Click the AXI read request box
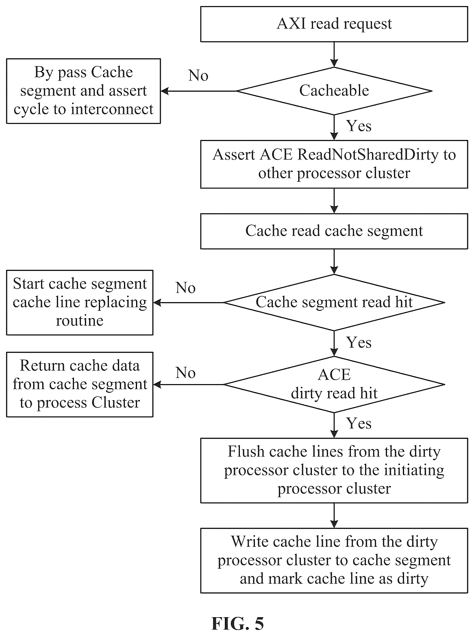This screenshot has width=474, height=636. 334,24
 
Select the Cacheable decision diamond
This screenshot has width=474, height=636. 334,91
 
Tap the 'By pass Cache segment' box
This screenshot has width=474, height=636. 84,91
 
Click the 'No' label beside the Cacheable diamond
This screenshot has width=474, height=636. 198,76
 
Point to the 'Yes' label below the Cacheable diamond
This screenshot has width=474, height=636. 359,126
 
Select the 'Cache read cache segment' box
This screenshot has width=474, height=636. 334,231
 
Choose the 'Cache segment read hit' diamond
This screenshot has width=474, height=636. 334,302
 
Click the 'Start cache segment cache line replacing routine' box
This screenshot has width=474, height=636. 80,302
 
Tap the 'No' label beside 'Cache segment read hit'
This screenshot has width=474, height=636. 186,288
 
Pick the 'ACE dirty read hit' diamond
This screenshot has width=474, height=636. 334,384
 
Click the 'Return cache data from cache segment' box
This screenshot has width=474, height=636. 80,384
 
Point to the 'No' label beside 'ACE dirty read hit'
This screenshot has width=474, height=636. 186,373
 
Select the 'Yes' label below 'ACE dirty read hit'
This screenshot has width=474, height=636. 359,423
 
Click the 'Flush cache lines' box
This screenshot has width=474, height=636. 334,471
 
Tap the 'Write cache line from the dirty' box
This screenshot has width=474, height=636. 334,561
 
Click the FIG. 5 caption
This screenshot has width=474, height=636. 238,624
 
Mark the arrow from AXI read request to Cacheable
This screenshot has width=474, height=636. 334,55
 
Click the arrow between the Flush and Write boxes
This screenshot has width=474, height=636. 334,516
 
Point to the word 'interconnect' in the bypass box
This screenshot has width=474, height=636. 112,109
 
